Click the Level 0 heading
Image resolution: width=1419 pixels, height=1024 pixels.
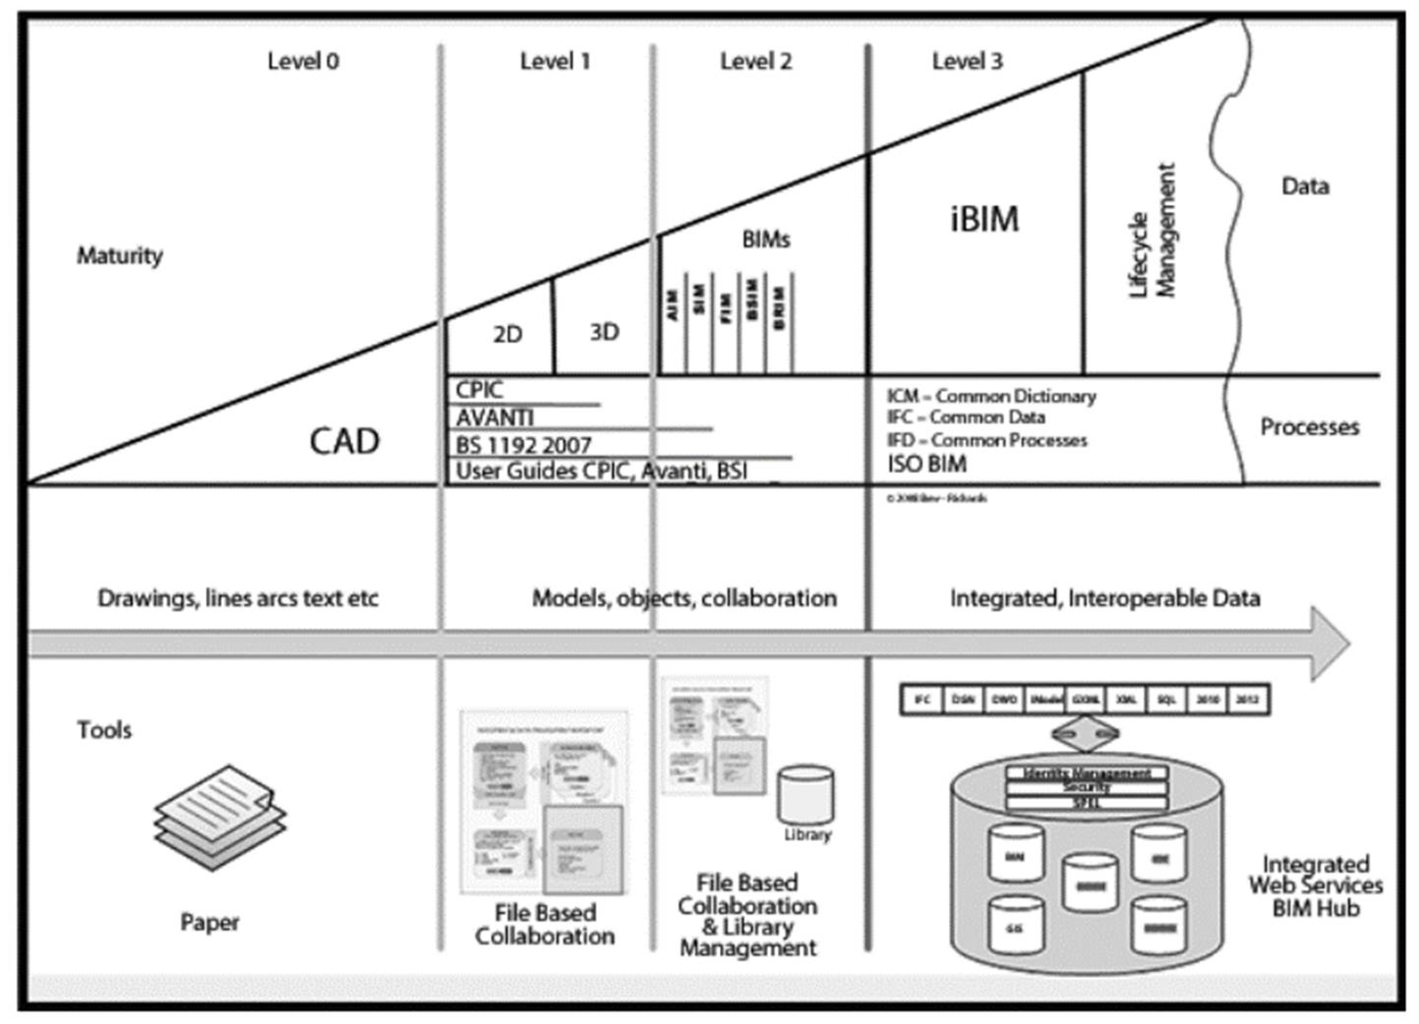[303, 61]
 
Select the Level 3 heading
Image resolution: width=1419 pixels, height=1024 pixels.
[967, 61]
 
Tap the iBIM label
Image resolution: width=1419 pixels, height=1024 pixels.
[985, 219]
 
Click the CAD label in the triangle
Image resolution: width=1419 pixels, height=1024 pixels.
[345, 442]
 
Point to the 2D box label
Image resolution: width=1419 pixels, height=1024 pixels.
[508, 335]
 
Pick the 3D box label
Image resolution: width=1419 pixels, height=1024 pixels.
[605, 332]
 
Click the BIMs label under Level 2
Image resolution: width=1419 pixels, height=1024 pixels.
[766, 240]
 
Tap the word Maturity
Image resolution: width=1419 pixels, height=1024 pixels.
[119, 255]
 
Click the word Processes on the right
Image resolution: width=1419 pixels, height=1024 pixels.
[1309, 427]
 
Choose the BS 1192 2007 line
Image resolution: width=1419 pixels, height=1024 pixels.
[523, 445]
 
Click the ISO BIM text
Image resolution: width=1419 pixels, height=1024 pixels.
[927, 464]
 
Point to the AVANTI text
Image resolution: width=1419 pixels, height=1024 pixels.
[494, 417]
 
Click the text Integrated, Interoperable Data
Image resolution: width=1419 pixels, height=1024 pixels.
[1105, 599]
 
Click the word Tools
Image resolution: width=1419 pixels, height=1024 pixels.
[104, 730]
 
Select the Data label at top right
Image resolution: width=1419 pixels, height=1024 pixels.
[1305, 186]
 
